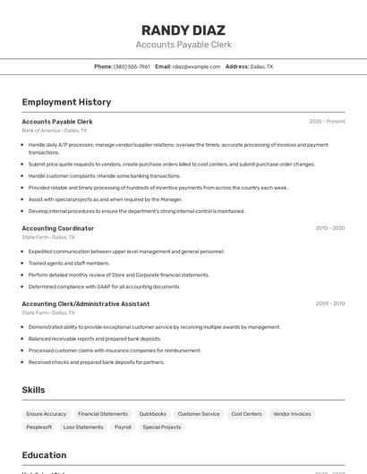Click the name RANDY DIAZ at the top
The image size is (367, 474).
point(183,30)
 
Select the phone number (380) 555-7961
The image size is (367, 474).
point(132,66)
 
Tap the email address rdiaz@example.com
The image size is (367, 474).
point(196,66)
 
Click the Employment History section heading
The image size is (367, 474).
point(66,102)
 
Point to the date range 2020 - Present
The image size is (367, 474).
point(327,121)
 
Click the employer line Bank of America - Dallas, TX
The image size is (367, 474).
point(55,131)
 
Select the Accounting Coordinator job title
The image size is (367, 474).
point(57,228)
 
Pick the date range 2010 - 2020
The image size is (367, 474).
point(329,228)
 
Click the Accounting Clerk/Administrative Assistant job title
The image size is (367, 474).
point(85,303)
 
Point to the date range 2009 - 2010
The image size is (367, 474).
point(329,303)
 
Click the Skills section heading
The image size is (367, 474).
point(33,390)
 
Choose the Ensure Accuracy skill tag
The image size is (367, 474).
point(47,414)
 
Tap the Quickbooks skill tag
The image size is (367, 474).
point(152,414)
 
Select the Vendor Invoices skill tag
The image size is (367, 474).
point(292,414)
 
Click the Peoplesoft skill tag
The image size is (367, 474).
point(39,427)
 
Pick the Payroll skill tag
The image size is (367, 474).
point(123,427)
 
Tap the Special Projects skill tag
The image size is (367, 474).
point(161,427)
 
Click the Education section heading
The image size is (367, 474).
point(44,455)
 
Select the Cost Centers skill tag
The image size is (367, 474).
point(246,414)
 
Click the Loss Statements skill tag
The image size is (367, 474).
point(83,427)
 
